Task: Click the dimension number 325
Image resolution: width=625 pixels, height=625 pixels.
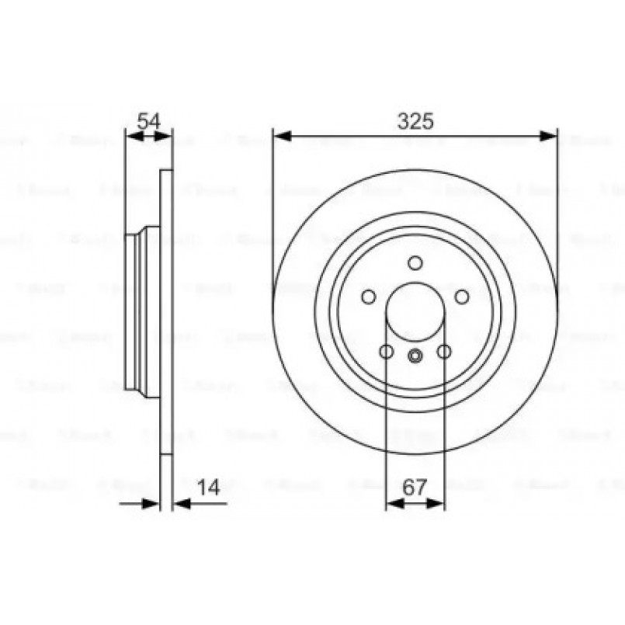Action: tap(415, 121)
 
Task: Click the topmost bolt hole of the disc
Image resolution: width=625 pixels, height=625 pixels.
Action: tap(415, 262)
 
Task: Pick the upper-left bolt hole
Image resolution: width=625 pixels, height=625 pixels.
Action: tap(369, 297)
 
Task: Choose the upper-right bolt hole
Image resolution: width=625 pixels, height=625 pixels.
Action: tap(461, 297)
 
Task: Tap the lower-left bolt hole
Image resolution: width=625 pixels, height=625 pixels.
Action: tap(386, 352)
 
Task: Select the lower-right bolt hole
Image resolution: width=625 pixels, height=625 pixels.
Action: tap(444, 352)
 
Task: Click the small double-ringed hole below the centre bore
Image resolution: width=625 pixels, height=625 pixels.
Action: tap(415, 356)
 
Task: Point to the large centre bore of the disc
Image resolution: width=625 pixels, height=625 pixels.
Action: tap(415, 312)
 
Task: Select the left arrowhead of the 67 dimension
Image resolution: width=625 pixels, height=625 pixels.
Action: tap(392, 504)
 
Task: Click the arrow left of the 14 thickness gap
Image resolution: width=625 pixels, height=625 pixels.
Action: tap(153, 504)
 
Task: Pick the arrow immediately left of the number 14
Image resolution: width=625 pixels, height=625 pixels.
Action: tap(180, 504)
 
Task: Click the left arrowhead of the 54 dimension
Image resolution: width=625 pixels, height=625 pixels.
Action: tap(132, 137)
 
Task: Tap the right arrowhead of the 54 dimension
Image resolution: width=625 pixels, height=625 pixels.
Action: tap(166, 137)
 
